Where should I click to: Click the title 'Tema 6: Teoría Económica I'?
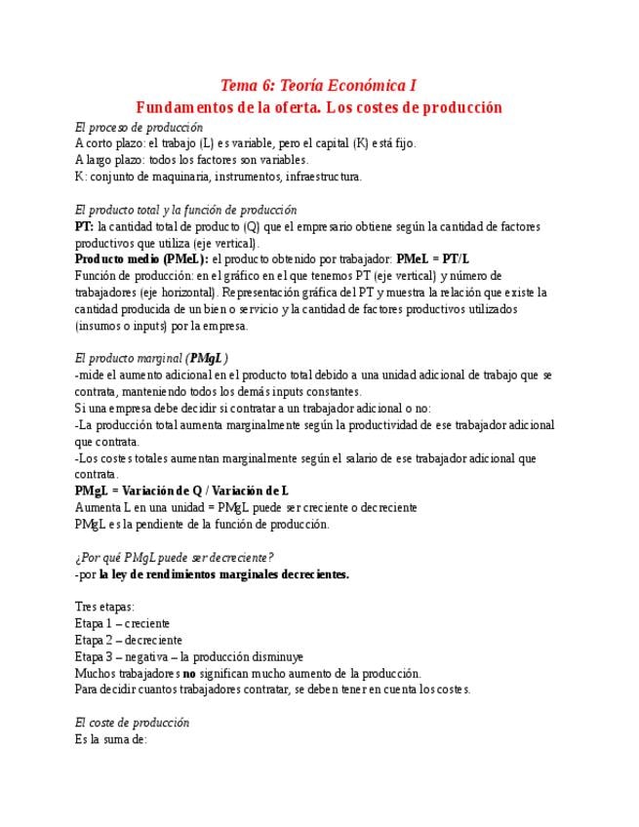(x=319, y=86)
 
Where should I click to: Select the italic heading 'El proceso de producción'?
(x=139, y=127)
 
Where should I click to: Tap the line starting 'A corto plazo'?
(x=245, y=143)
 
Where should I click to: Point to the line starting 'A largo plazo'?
(x=191, y=160)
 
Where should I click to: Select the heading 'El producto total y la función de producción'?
(x=185, y=210)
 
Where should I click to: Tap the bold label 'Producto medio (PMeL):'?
(x=141, y=259)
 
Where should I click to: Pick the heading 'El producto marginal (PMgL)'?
(x=151, y=358)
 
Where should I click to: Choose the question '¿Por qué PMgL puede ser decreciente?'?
(x=174, y=557)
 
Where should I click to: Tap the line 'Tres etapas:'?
(x=104, y=607)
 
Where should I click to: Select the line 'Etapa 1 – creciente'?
(x=122, y=623)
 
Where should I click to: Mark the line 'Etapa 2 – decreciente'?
(x=128, y=640)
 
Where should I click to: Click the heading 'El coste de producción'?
(x=132, y=723)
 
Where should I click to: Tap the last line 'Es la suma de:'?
(x=110, y=739)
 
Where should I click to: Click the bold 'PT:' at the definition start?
(x=84, y=226)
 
